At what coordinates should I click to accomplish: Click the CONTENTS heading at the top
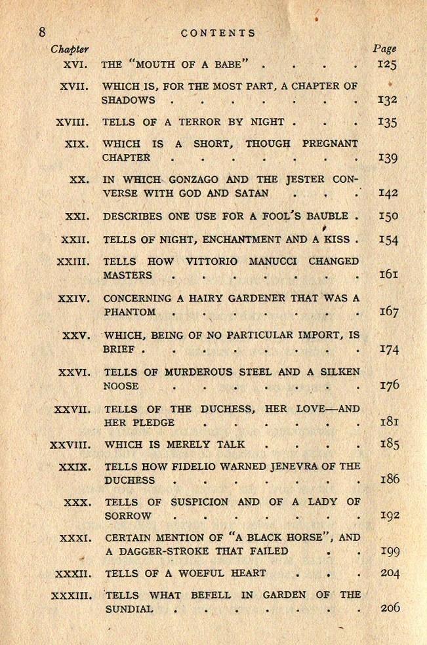[218, 32]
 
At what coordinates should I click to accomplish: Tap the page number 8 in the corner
[42, 32]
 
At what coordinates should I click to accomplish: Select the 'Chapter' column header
[70, 49]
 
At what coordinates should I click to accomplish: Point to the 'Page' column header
[384, 49]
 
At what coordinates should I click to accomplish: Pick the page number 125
[387, 64]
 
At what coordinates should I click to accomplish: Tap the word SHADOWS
[129, 100]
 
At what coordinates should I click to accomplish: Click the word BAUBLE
[323, 216]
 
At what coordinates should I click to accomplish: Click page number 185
[389, 444]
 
